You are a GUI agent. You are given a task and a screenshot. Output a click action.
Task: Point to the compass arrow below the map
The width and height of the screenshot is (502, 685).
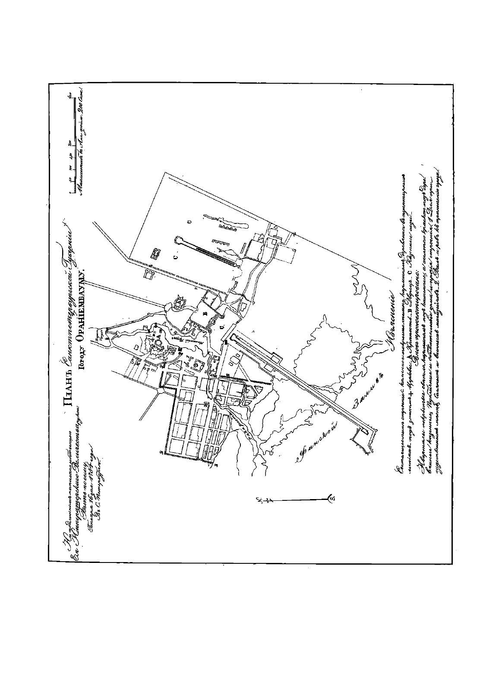[x=298, y=500]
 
